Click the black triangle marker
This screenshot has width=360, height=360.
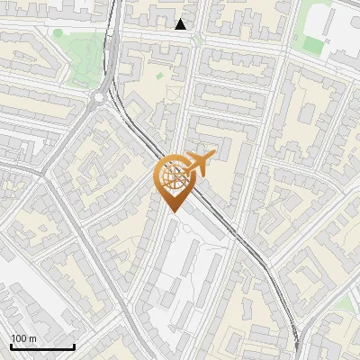point(181,24)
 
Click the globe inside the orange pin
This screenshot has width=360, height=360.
point(173,178)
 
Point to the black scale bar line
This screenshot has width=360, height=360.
point(41,346)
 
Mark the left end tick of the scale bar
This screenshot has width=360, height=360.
point(10,346)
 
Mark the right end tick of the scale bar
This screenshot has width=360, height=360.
point(74,346)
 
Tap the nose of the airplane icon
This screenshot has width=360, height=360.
point(212,156)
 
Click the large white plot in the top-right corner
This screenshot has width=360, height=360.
point(346,36)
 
